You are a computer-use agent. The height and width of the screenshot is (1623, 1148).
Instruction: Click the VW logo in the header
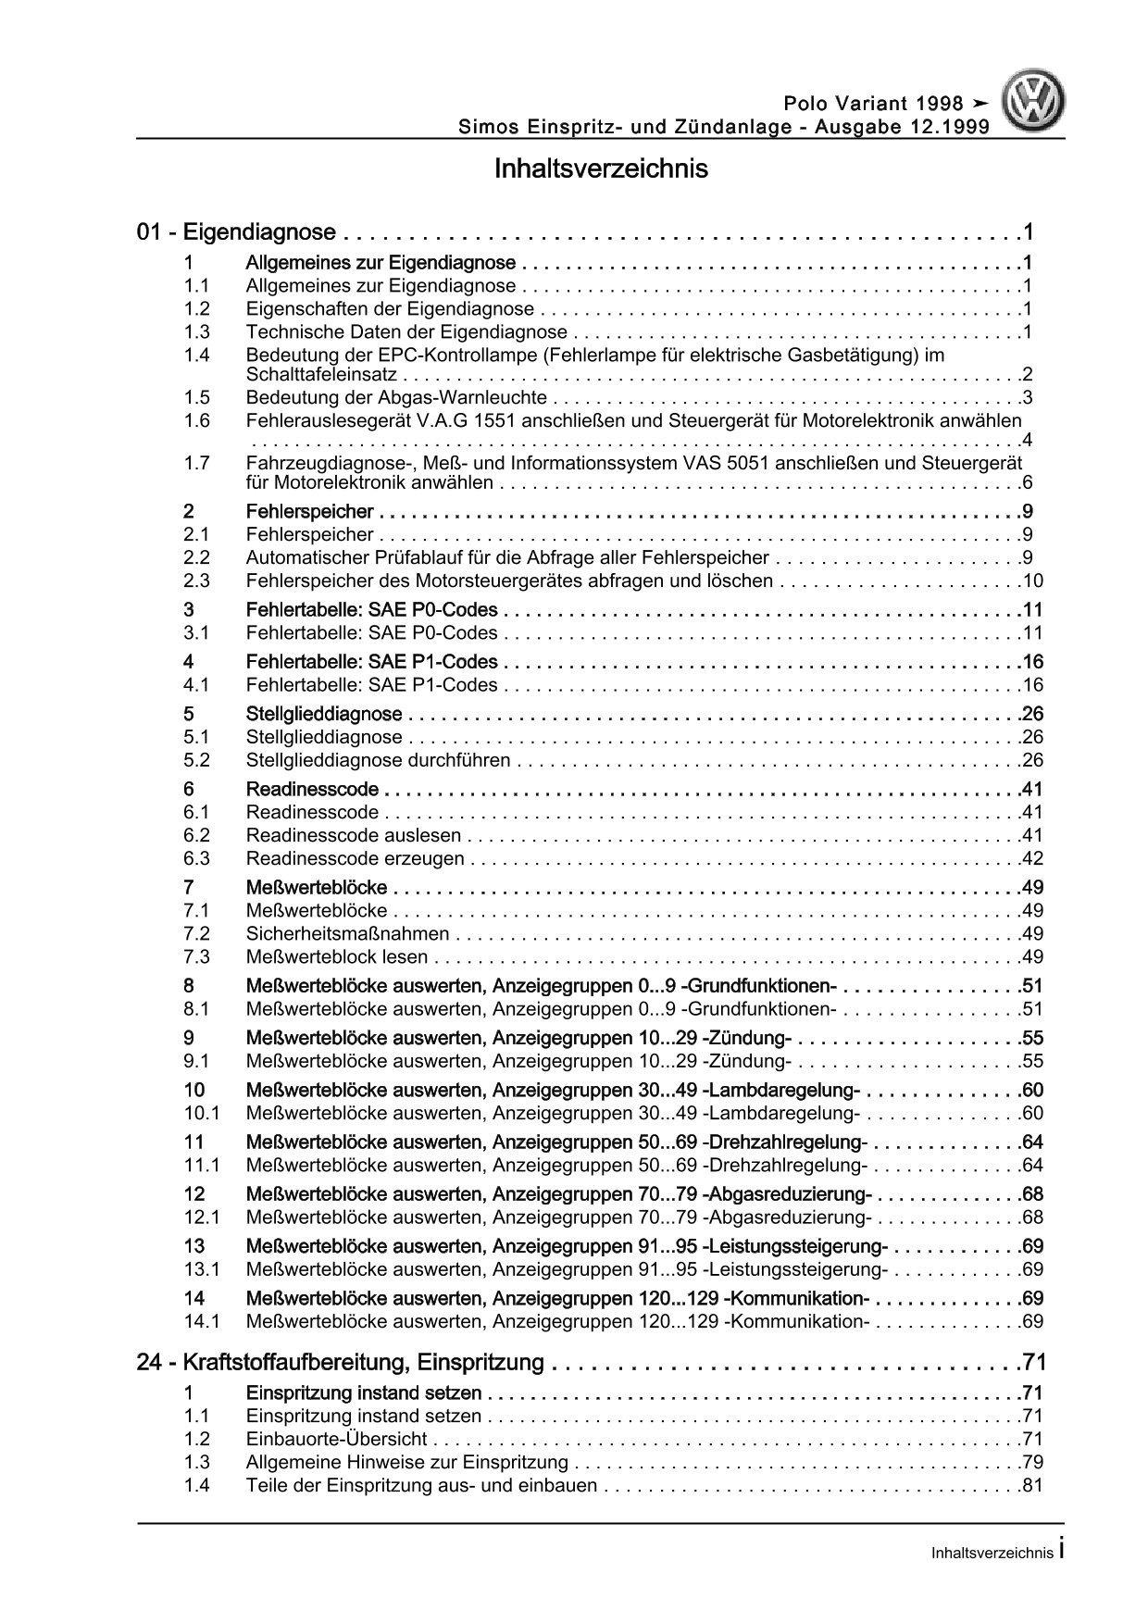tap(1036, 104)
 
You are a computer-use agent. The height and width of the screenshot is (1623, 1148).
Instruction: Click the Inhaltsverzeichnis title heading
tap(601, 169)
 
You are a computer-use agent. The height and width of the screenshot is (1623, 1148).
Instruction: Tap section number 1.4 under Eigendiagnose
tap(196, 355)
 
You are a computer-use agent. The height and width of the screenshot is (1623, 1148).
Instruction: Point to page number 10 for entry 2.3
tap(1032, 581)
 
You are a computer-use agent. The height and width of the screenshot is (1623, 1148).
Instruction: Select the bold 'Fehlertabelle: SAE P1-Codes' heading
tap(371, 662)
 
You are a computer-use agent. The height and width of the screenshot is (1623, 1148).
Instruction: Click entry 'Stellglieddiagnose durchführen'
tap(378, 761)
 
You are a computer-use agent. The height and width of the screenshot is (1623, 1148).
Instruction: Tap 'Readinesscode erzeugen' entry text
tap(355, 859)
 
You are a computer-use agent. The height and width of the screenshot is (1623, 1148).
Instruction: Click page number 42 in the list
tap(1032, 859)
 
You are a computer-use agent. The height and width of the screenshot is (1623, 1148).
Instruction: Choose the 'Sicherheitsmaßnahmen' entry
tap(347, 934)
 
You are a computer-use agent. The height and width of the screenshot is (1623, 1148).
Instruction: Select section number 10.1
tap(201, 1114)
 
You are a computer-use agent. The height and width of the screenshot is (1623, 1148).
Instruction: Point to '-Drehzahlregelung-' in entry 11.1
tap(784, 1166)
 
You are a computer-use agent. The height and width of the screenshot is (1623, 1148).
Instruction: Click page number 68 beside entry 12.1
tap(1032, 1217)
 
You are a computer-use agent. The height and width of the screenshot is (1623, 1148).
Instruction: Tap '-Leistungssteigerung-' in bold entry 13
tap(795, 1246)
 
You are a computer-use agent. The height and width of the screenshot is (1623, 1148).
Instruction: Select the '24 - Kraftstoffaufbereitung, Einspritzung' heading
tap(340, 1363)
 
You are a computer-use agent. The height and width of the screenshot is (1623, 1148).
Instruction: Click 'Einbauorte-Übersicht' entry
tap(336, 1440)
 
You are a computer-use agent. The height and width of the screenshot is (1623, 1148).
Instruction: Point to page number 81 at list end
tap(1032, 1486)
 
